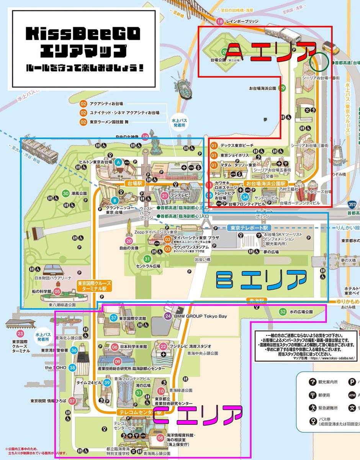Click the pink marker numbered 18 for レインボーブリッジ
tap(220, 21)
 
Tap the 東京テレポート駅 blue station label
tap(247, 227)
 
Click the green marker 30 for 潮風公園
tap(66, 193)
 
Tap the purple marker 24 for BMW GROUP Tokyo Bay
tap(168, 316)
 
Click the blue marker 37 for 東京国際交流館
tap(113, 318)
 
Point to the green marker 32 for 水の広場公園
tap(283, 311)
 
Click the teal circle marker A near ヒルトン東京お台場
tap(118, 163)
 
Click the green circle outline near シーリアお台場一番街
tap(319, 61)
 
